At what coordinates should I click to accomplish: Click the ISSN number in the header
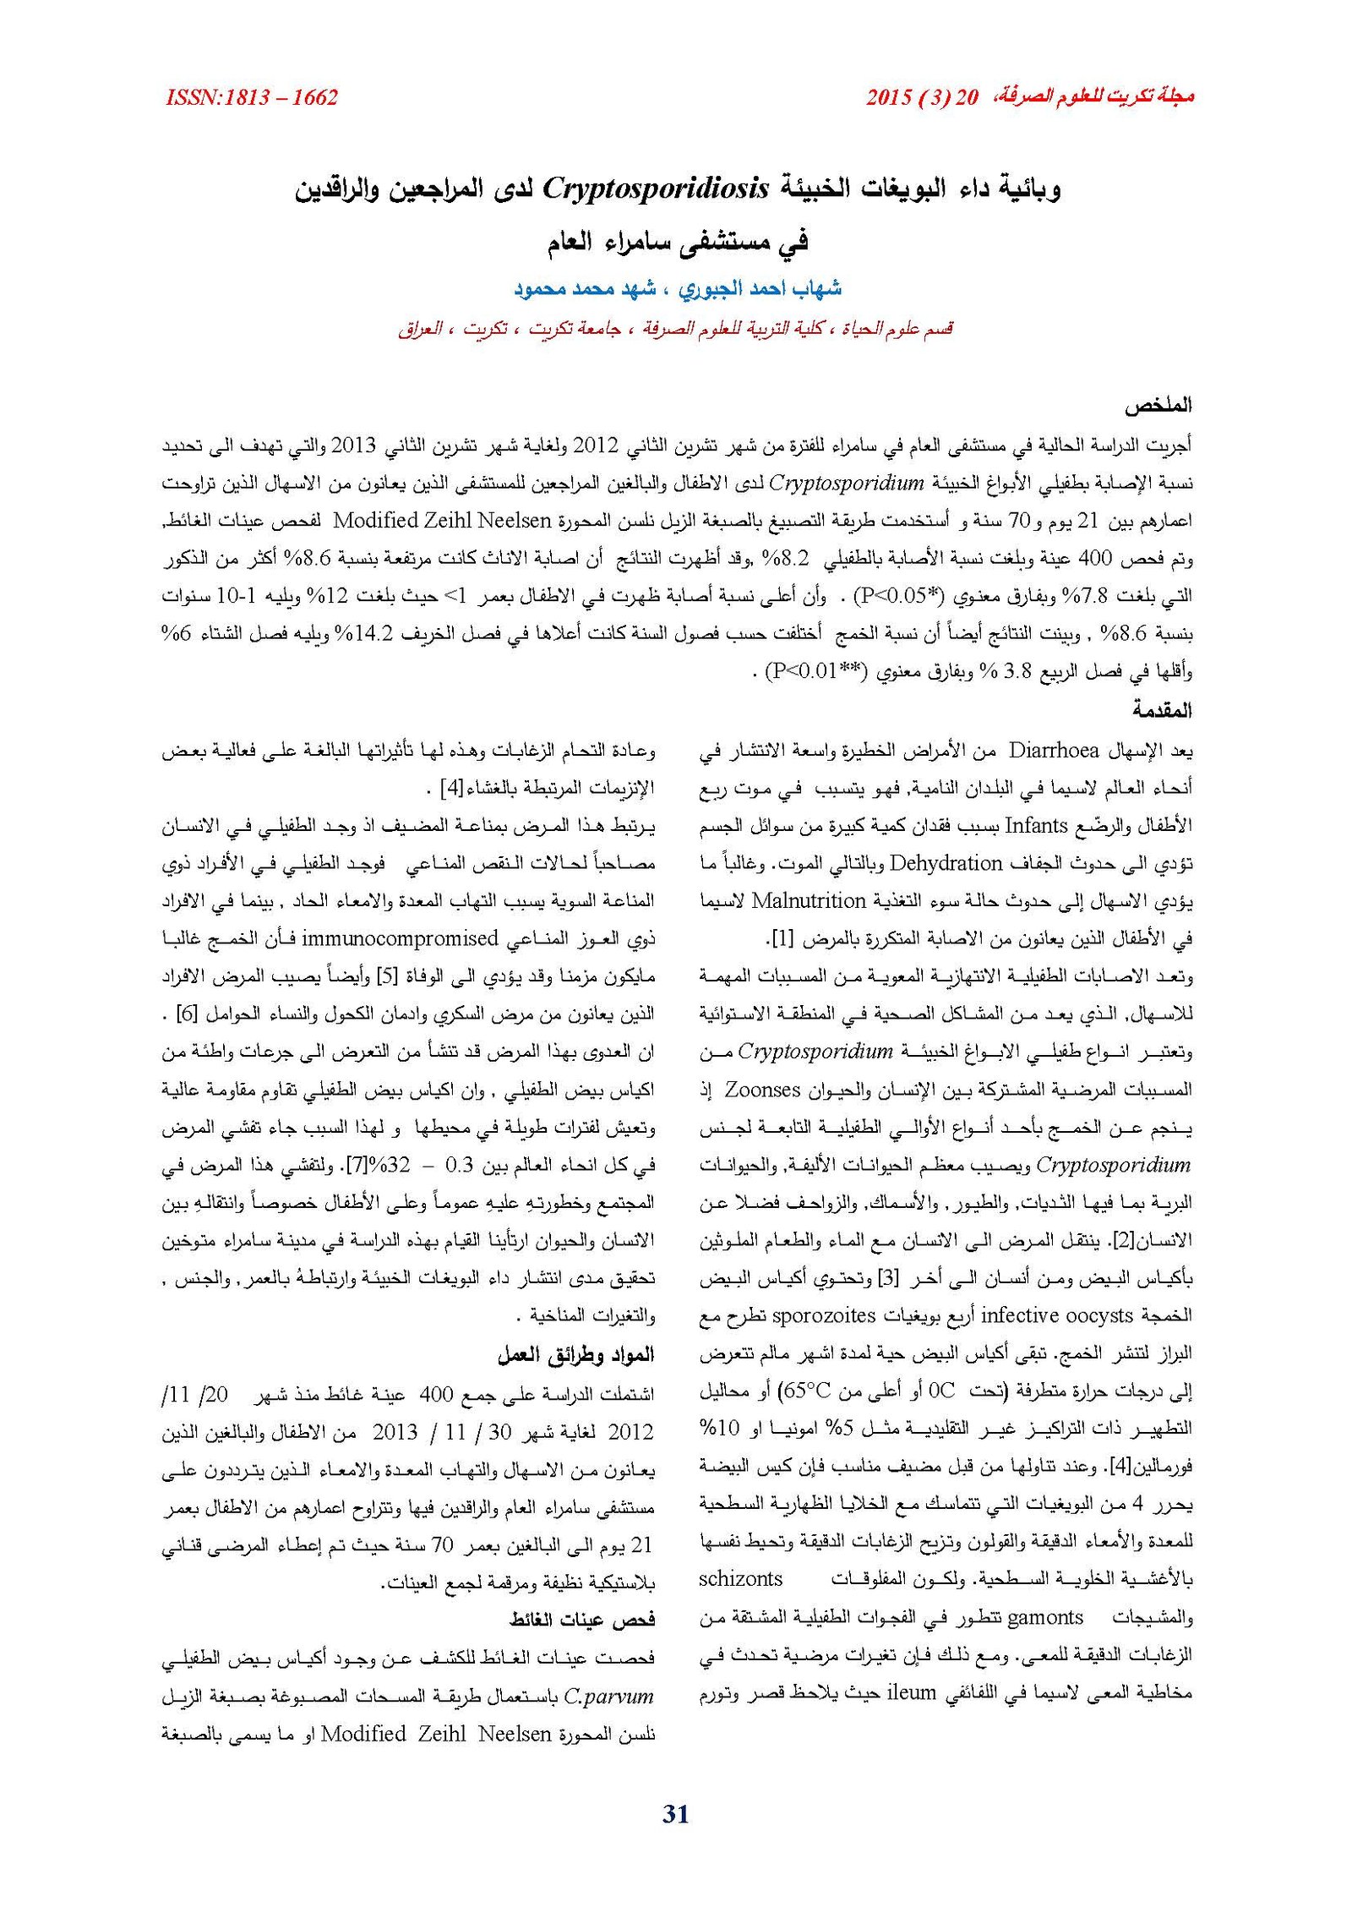252,98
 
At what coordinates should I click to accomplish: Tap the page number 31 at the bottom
676,1814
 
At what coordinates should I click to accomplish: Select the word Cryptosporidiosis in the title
656,188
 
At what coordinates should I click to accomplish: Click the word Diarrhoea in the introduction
1054,751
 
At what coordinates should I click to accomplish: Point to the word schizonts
741,1579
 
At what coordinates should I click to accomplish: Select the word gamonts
1045,1617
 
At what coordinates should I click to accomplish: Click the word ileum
911,1692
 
